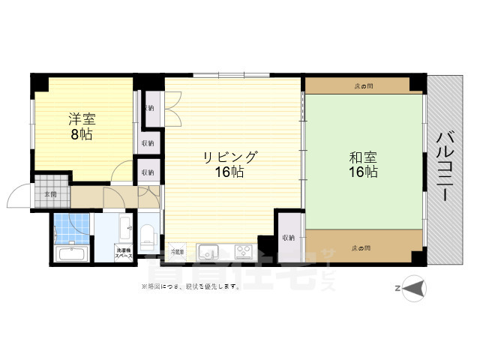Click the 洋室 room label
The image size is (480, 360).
82,119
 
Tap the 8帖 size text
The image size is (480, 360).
82,135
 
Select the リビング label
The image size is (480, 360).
229,157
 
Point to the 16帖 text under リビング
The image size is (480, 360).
229,172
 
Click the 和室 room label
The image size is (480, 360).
363,157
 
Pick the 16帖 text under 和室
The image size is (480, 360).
363,172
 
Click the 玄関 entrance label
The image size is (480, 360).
49,194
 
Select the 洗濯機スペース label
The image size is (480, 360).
124,253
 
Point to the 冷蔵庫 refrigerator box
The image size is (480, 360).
177,250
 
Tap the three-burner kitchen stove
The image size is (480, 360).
244,250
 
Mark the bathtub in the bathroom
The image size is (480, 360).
70,254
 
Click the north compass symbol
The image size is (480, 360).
412,287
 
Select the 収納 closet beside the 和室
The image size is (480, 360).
289,237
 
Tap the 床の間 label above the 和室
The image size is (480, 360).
364,86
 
